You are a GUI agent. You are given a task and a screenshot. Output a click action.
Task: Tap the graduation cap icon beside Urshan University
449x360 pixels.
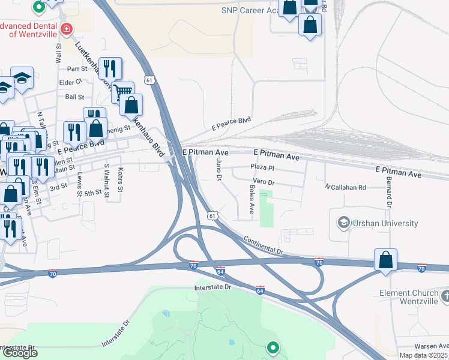tap(344, 223)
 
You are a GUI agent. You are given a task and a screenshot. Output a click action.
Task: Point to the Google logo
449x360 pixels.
tap(19, 353)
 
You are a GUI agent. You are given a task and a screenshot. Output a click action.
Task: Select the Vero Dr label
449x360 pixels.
tap(264, 182)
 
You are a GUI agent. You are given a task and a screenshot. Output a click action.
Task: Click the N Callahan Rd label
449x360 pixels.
tap(346, 188)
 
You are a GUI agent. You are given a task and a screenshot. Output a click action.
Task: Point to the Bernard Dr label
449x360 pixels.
tap(389, 193)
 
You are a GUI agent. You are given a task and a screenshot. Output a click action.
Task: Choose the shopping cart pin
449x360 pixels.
tap(122, 92)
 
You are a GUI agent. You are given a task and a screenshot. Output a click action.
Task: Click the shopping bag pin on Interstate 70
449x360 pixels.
tap(385, 260)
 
